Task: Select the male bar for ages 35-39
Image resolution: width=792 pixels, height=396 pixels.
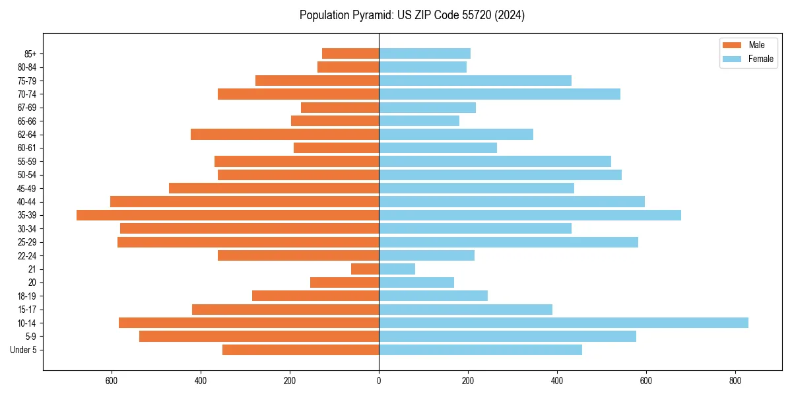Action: click(x=228, y=215)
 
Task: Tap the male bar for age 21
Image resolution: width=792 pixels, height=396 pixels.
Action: click(x=365, y=269)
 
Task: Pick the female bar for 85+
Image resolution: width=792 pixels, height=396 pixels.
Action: click(x=424, y=53)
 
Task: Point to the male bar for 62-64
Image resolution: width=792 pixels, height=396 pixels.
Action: click(x=284, y=135)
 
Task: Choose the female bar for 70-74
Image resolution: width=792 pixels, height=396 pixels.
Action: click(x=500, y=94)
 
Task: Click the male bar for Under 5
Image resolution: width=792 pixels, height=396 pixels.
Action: click(x=300, y=350)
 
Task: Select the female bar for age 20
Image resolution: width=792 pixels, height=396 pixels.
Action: click(x=416, y=282)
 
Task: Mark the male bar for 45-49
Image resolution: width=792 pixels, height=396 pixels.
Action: click(x=274, y=188)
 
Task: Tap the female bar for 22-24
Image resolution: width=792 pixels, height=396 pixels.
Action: click(x=426, y=255)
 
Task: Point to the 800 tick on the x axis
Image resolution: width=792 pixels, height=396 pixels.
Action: click(x=735, y=381)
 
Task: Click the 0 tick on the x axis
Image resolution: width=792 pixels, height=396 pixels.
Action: click(x=379, y=381)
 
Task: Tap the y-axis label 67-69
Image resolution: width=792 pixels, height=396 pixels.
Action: click(x=26, y=108)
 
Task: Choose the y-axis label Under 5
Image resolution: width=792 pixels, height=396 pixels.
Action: click(x=23, y=350)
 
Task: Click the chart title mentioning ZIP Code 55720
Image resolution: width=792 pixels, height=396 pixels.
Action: click(x=412, y=15)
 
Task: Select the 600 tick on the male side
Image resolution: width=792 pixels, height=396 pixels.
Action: click(x=112, y=381)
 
